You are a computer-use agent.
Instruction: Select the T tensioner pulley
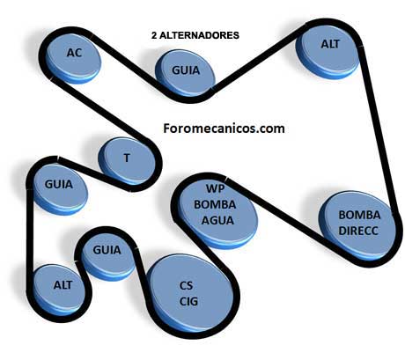click(127, 161)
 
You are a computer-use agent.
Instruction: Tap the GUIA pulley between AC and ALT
click(185, 73)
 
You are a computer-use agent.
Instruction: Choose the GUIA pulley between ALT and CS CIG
click(107, 254)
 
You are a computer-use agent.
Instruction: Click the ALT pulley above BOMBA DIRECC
click(328, 50)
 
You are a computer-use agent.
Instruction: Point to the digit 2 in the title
click(154, 35)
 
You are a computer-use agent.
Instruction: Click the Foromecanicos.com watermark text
click(224, 129)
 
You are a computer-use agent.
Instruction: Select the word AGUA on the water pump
click(217, 220)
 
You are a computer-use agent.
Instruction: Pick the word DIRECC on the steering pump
click(358, 231)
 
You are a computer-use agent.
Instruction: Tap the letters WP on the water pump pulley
click(216, 188)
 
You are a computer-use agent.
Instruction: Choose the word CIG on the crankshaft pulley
click(188, 301)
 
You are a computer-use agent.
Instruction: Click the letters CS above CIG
click(187, 285)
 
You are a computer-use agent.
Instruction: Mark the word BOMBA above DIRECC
click(359, 215)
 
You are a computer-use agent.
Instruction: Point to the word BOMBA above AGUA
click(215, 204)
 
